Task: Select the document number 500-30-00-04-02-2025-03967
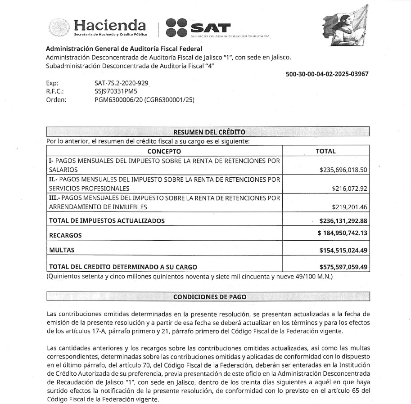click(x=327, y=74)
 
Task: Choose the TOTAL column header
click(x=325, y=151)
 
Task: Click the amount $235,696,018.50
click(x=344, y=170)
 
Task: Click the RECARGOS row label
click(x=66, y=235)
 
